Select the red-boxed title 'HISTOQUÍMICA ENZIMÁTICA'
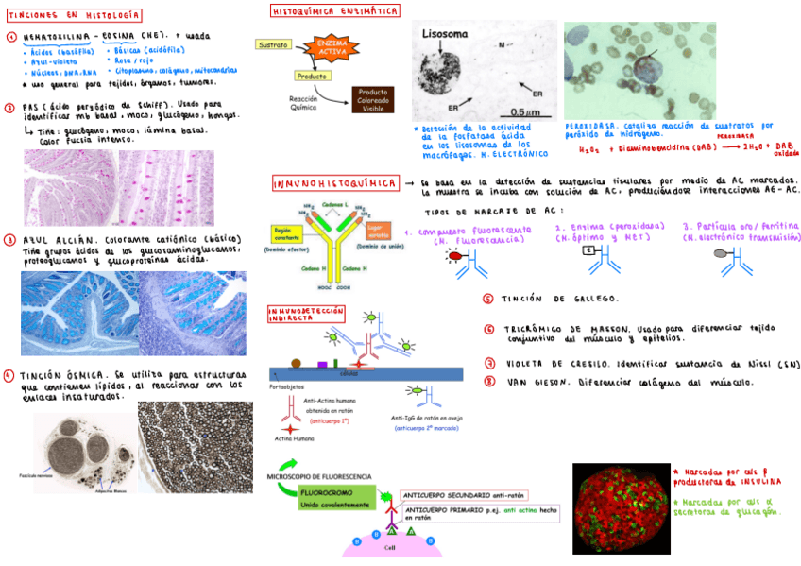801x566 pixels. pos(334,11)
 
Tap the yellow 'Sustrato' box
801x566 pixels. pos(274,44)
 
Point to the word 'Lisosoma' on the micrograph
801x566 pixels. pos(445,34)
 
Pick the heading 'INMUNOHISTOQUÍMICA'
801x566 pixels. pos(334,183)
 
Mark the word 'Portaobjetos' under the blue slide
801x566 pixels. pos(286,386)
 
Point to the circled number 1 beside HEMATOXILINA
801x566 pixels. pos(9,37)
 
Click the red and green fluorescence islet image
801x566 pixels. pos(621,506)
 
